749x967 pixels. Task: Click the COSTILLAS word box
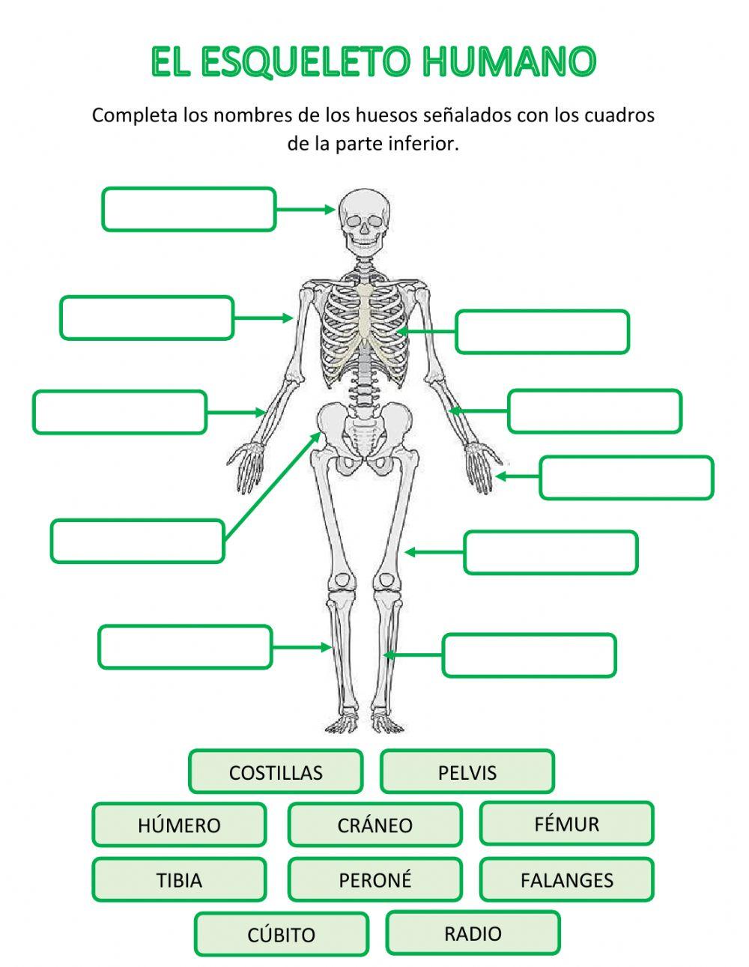[x=276, y=772]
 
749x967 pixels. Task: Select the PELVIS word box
[x=467, y=772]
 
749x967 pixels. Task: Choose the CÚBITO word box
[x=282, y=934]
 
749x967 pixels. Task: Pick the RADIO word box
[x=473, y=933]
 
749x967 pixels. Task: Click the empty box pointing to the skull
[x=189, y=209]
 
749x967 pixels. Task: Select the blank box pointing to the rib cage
[x=542, y=332]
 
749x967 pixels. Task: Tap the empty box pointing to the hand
[x=626, y=477]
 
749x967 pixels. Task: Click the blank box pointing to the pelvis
[x=137, y=541]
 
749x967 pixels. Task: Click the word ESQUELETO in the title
[x=305, y=62]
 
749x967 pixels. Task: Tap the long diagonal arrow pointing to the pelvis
[x=272, y=486]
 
